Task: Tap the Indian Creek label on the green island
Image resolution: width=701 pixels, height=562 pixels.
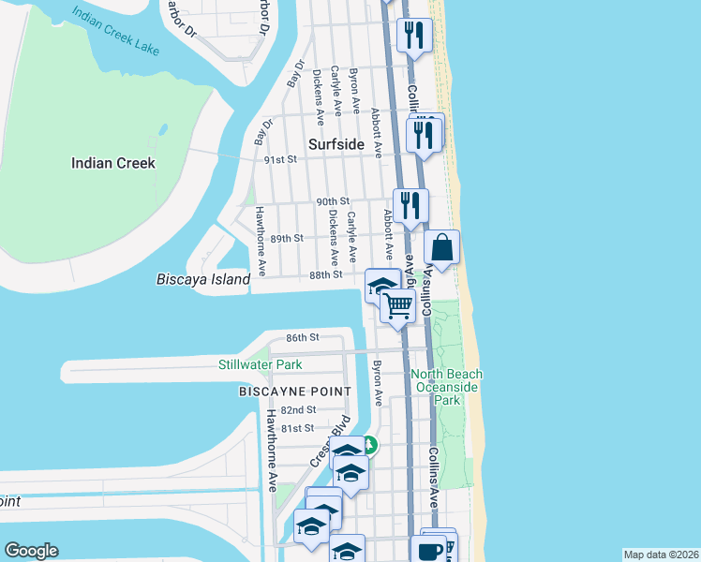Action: click(x=113, y=163)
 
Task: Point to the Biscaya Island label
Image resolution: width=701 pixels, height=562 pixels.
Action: click(x=203, y=279)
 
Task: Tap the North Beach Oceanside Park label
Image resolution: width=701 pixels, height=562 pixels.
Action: click(x=446, y=387)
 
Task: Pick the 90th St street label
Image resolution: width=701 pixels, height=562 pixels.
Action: click(x=332, y=201)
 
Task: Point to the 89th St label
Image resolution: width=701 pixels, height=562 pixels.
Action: click(x=287, y=238)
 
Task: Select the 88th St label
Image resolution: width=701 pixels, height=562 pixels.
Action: click(x=326, y=274)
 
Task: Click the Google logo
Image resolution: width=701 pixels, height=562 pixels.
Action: click(x=31, y=551)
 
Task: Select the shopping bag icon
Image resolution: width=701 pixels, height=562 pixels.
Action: click(x=442, y=248)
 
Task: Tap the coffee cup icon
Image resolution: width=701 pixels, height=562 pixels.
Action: click(x=430, y=550)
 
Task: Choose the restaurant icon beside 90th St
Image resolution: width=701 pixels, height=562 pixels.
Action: click(x=410, y=205)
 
